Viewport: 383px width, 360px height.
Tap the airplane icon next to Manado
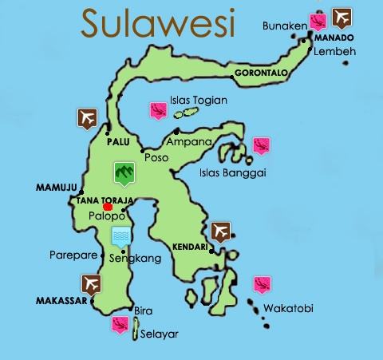(342, 15)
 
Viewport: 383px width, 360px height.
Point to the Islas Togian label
(199, 101)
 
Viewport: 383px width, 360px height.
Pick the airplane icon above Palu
(87, 117)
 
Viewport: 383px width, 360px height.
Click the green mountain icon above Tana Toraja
(122, 171)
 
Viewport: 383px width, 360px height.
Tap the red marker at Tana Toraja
(108, 207)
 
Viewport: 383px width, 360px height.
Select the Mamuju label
(55, 188)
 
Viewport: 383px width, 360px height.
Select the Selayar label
(160, 333)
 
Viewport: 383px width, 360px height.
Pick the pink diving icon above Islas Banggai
(261, 145)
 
